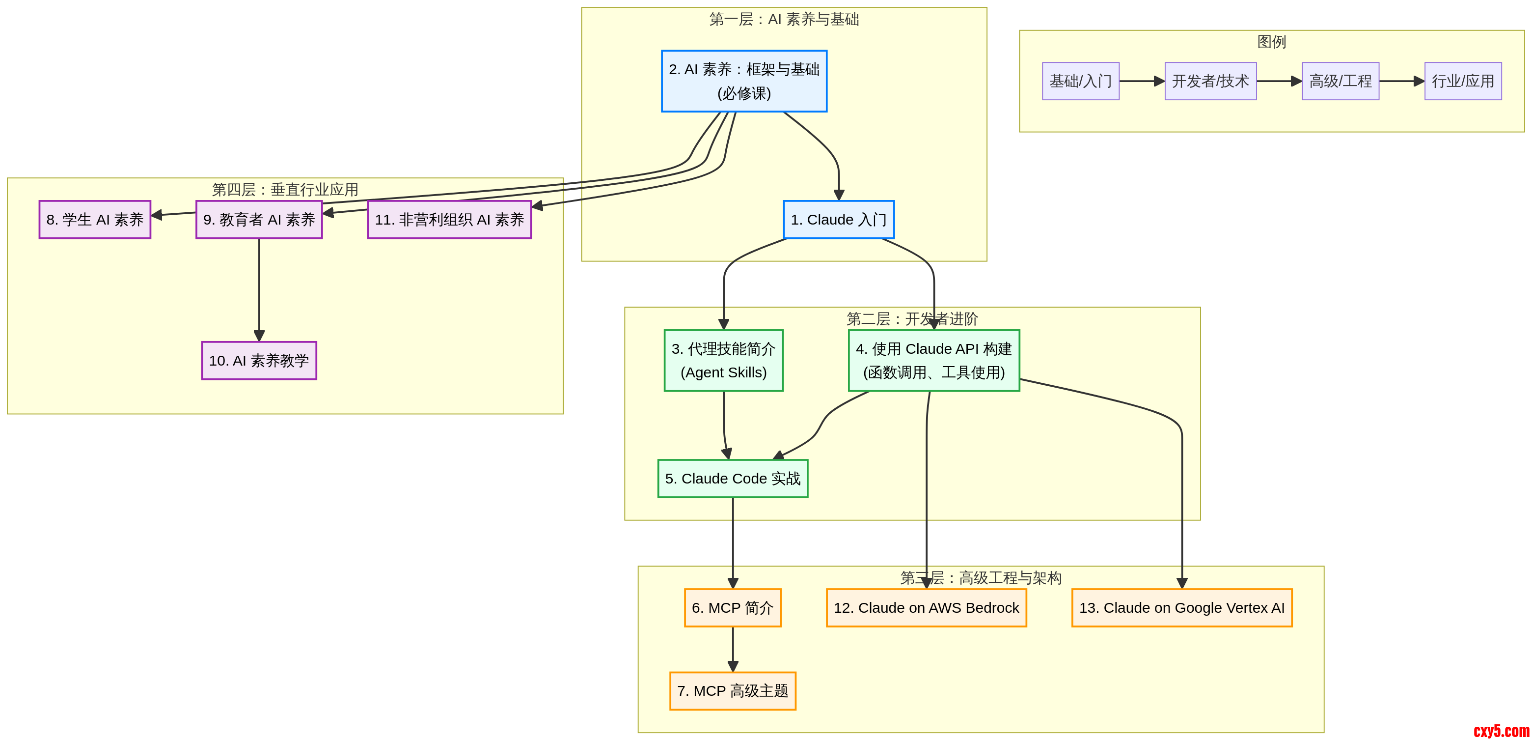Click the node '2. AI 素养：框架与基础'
pyautogui.click(x=744, y=81)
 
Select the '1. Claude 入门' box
pyautogui.click(x=839, y=220)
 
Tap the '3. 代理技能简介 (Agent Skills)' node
pyautogui.click(x=723, y=361)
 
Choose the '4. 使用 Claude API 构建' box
pyautogui.click(x=934, y=361)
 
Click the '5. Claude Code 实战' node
pyautogui.click(x=733, y=479)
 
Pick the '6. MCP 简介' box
pyautogui.click(x=733, y=608)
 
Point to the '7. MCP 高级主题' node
pyautogui.click(x=733, y=691)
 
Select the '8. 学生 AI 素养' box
pyautogui.click(x=95, y=220)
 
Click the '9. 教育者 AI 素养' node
pyautogui.click(x=259, y=220)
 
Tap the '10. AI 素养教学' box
pyautogui.click(x=259, y=361)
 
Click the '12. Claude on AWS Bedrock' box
pyautogui.click(x=927, y=608)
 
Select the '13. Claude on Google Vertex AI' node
pyautogui.click(x=1182, y=608)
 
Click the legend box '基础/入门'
pyautogui.click(x=1081, y=81)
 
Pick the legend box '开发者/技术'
pyautogui.click(x=1210, y=81)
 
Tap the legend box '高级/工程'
pyautogui.click(x=1340, y=81)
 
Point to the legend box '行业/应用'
pyautogui.click(x=1463, y=81)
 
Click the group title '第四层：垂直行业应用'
pyautogui.click(x=285, y=189)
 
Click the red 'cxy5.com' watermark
pyautogui.click(x=1501, y=731)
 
